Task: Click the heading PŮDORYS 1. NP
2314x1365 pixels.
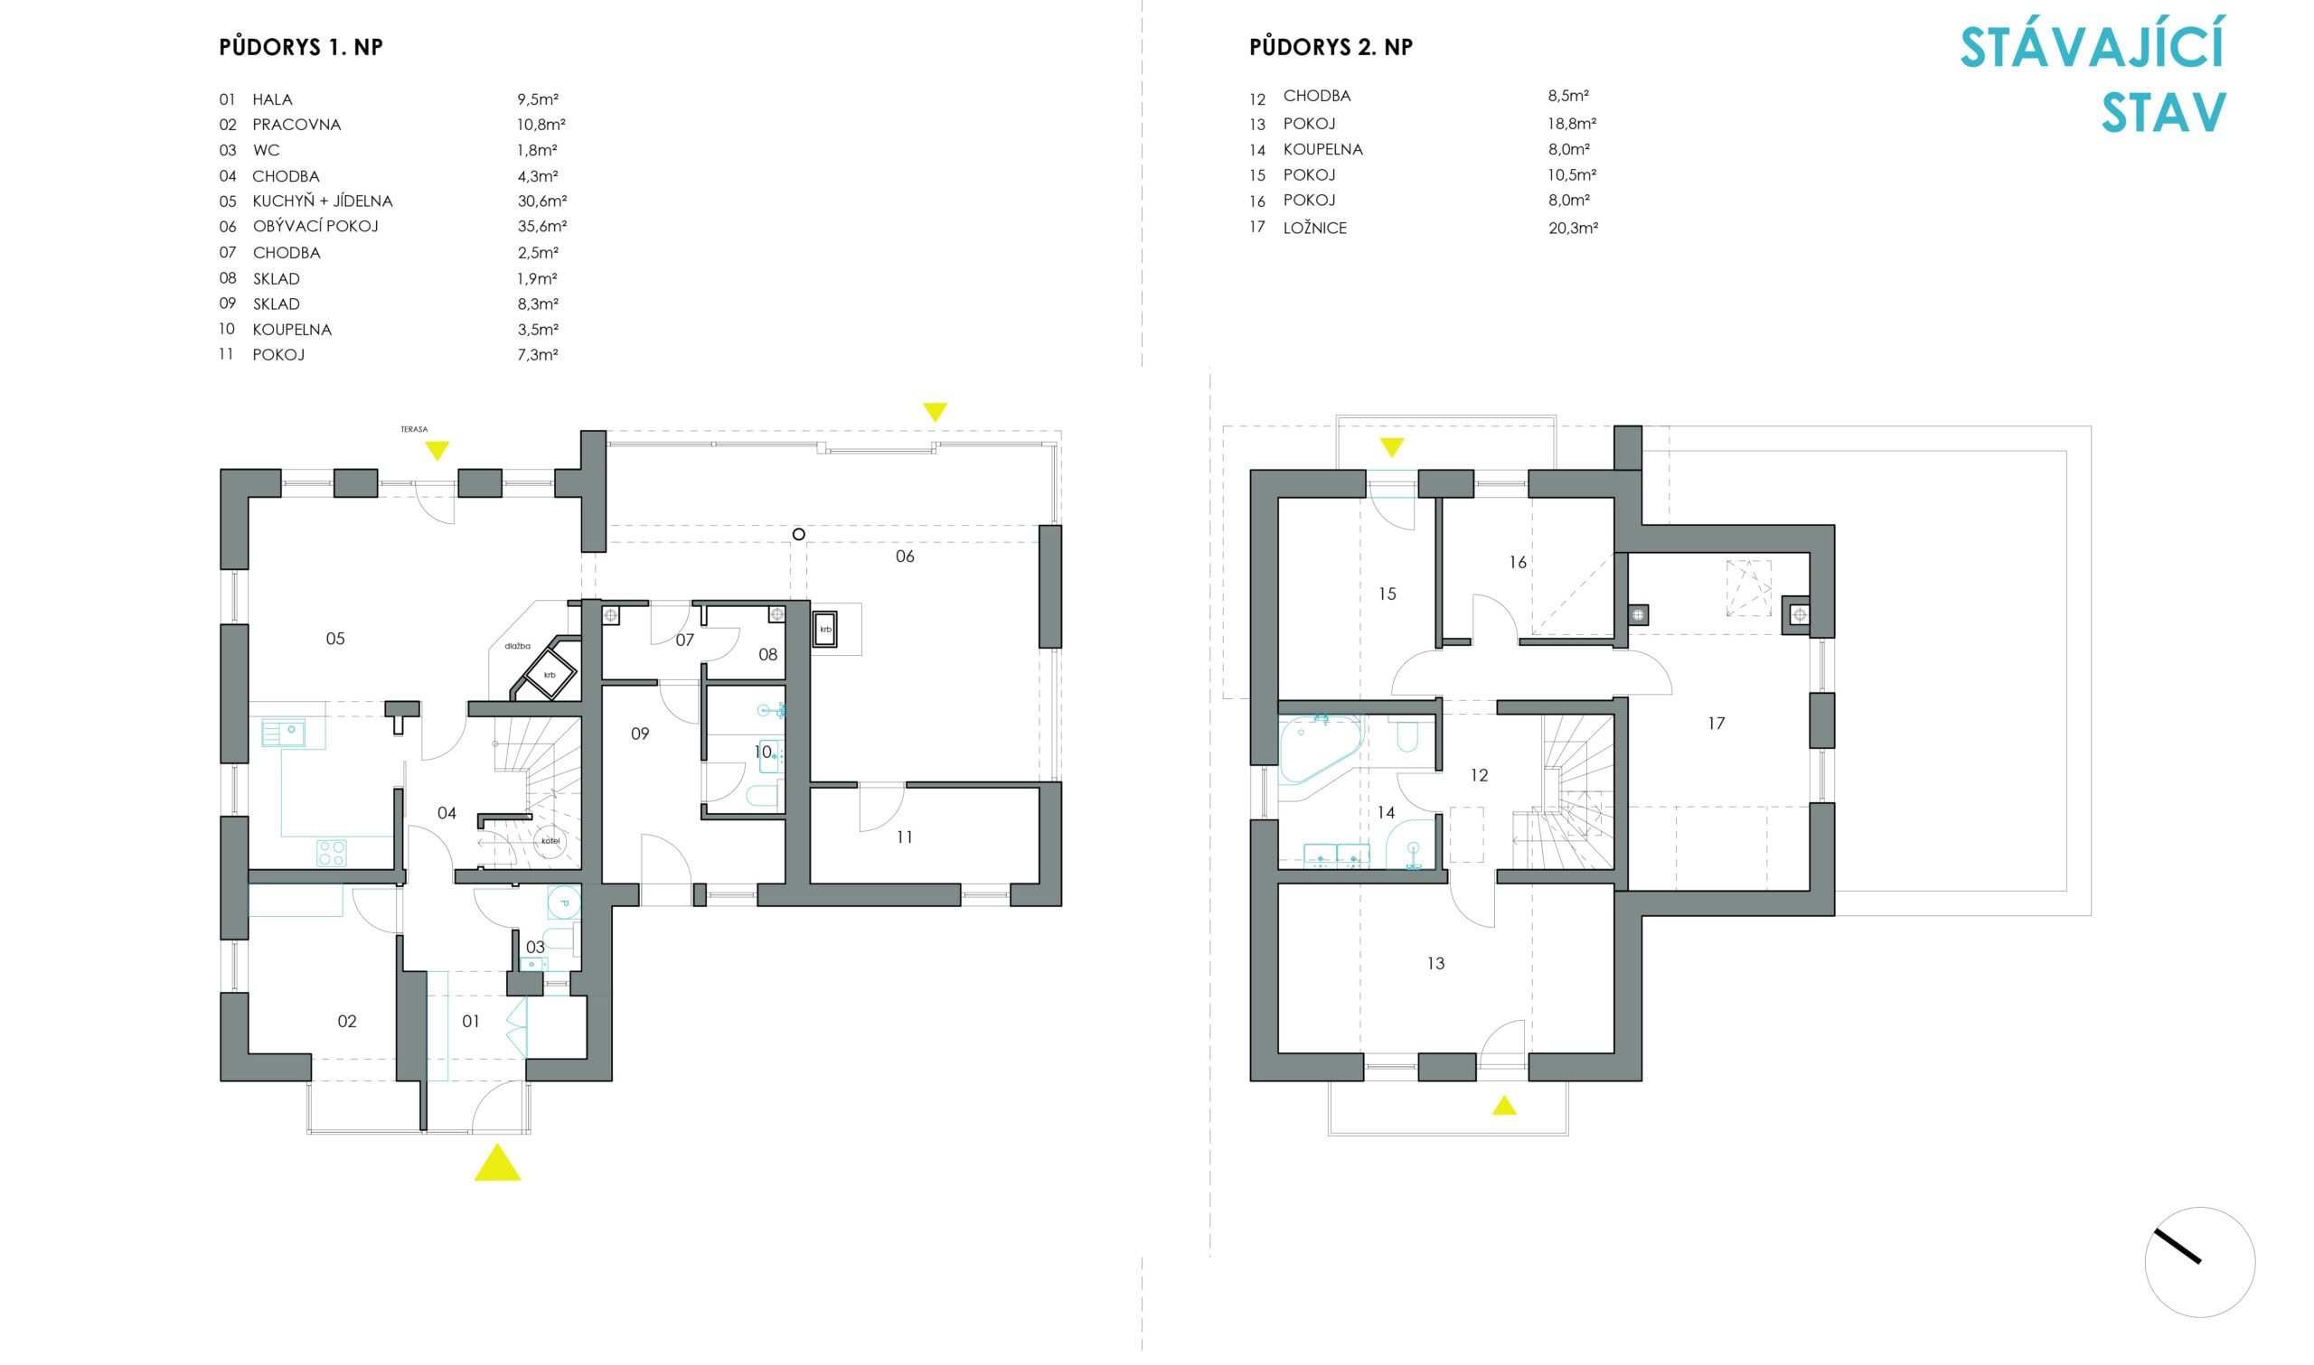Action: [x=301, y=48]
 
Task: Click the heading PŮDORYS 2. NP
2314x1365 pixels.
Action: [x=1331, y=48]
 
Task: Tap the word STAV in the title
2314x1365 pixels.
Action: [x=2163, y=114]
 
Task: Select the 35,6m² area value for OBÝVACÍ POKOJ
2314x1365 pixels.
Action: [x=542, y=226]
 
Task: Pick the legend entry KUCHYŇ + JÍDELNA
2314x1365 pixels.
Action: [x=322, y=201]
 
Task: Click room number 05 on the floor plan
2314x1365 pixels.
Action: [x=335, y=639]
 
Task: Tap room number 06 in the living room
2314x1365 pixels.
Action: [x=905, y=556]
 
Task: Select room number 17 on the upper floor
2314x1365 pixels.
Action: [x=1716, y=724]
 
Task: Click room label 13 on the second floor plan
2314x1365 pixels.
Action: [x=1435, y=963]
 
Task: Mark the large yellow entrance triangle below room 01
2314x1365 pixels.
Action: [x=498, y=1164]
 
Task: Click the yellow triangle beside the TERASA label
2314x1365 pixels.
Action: [x=437, y=451]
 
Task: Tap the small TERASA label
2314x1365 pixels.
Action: [x=414, y=429]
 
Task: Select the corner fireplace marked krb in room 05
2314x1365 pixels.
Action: [x=550, y=674]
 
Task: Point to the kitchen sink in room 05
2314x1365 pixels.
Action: [x=285, y=734]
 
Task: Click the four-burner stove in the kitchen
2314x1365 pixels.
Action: [x=331, y=853]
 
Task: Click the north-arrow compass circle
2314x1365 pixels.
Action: [x=2199, y=1262]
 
